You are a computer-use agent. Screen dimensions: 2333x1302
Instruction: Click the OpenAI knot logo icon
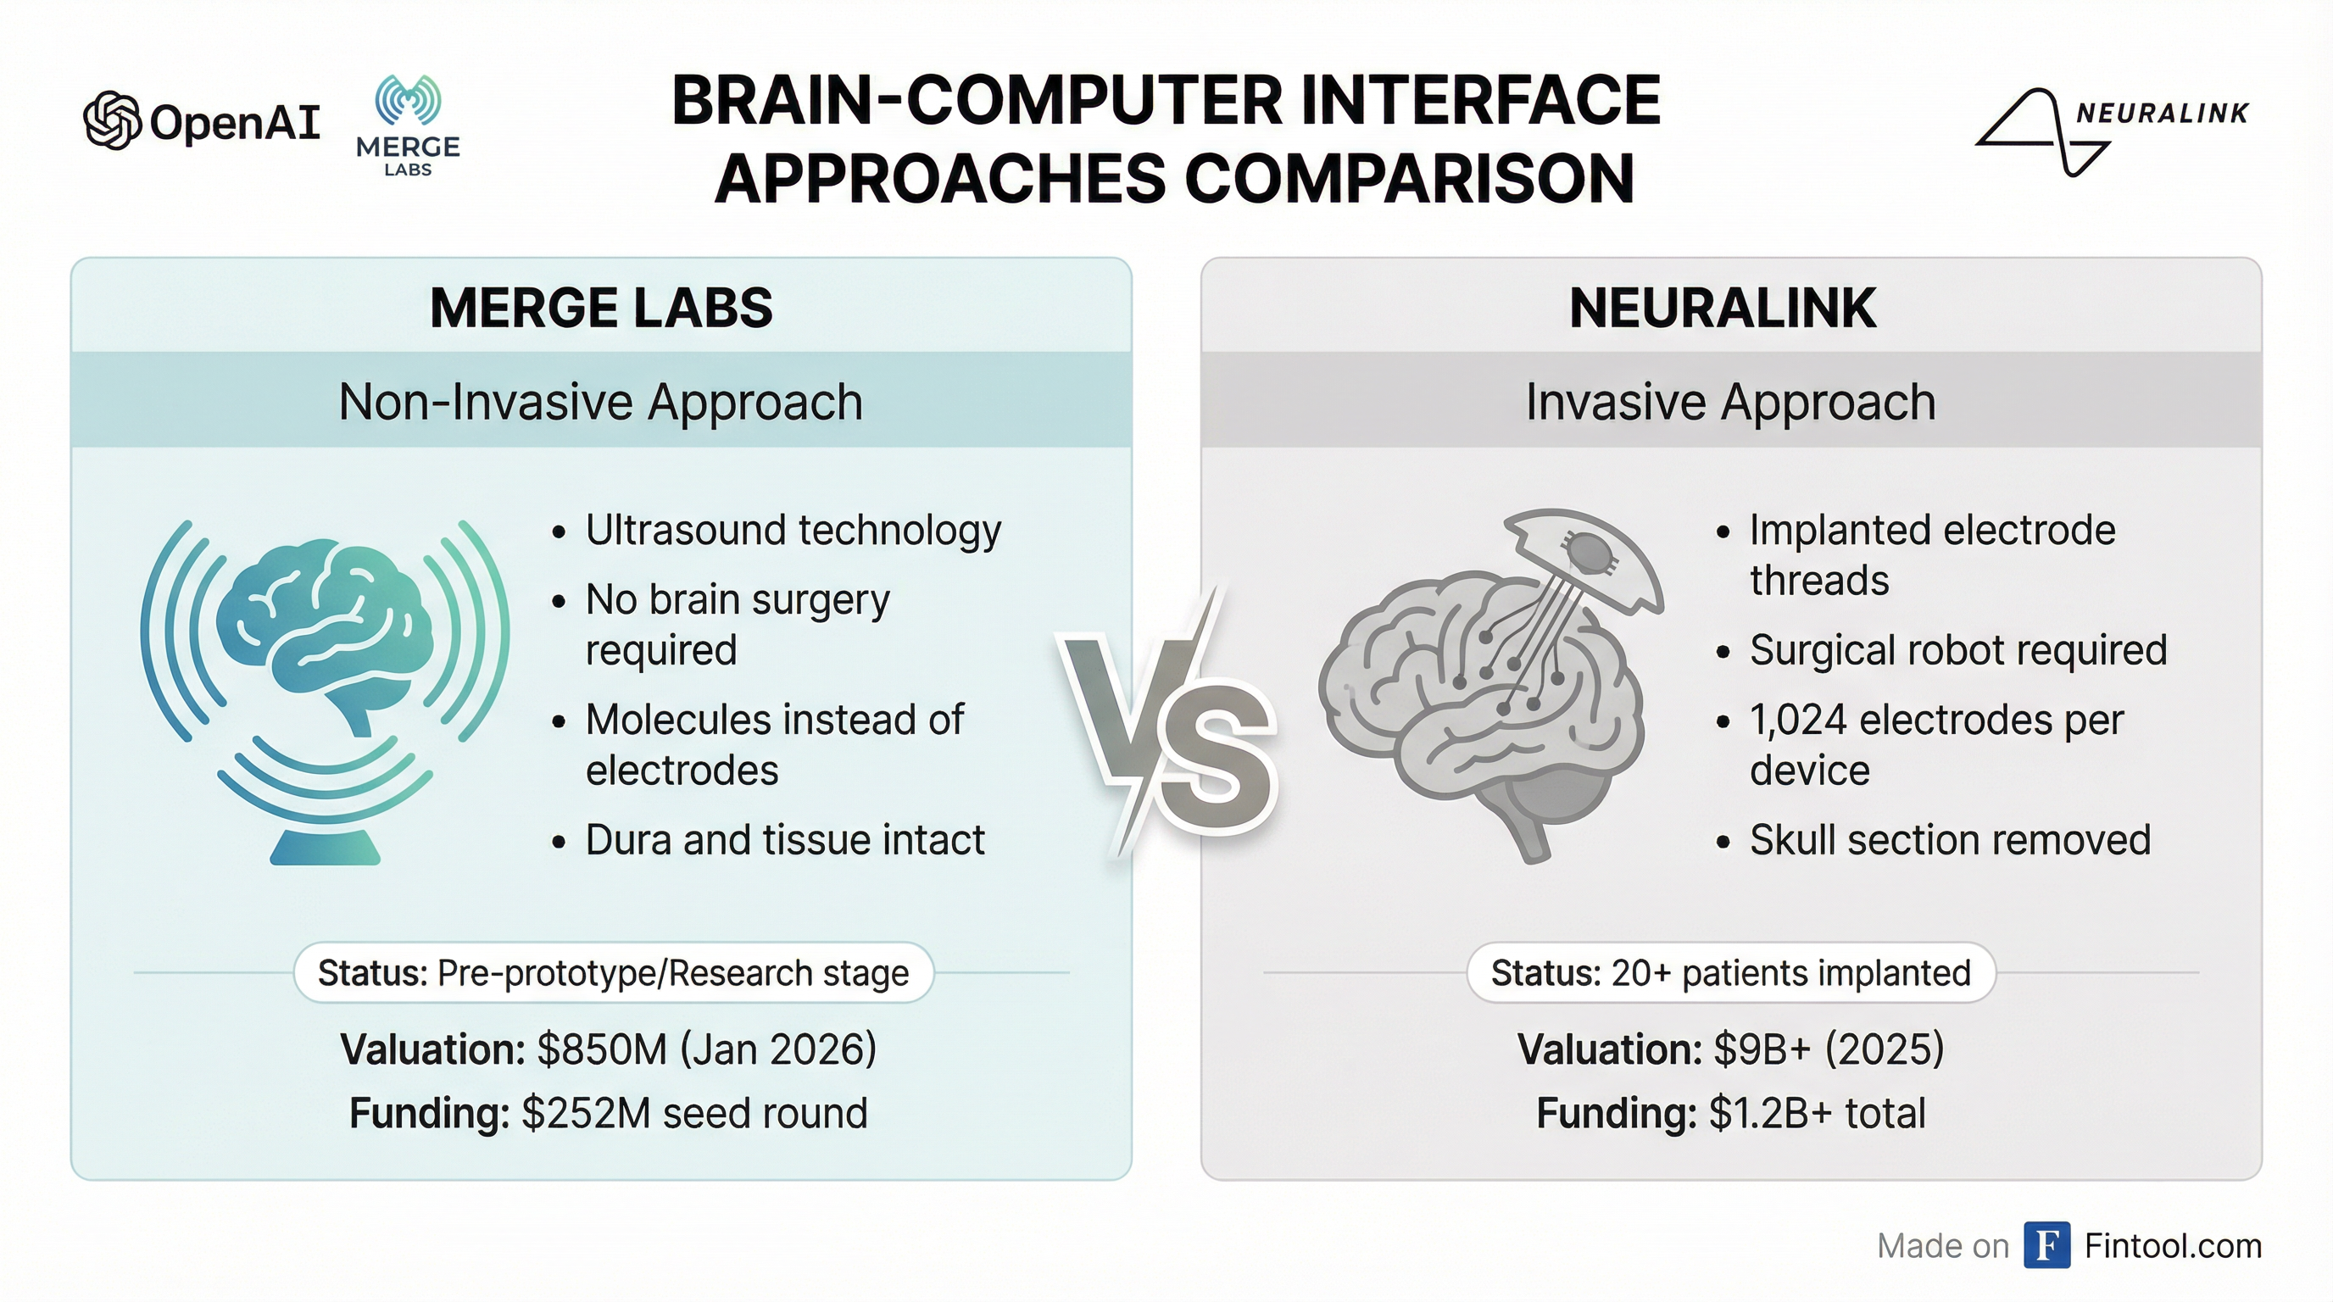[112, 120]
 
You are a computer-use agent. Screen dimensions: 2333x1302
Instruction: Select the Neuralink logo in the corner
[2111, 132]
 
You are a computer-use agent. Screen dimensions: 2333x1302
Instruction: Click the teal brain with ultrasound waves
[324, 692]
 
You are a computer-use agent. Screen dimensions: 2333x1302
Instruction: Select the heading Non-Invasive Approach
[600, 401]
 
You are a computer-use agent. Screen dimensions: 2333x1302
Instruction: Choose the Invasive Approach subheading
[1731, 401]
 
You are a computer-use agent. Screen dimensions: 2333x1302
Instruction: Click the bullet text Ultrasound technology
[793, 531]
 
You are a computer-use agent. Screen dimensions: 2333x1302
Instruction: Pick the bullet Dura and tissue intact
[785, 839]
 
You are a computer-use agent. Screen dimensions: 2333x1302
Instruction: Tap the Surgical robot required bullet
[1958, 650]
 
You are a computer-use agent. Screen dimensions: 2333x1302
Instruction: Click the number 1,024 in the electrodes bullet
[1799, 721]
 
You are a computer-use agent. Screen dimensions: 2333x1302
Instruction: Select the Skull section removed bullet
[1950, 839]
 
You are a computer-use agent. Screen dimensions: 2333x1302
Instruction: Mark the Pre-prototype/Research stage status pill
[613, 972]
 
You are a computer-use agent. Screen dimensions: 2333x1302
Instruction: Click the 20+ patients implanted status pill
[1731, 972]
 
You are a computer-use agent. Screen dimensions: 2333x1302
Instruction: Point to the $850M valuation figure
[602, 1049]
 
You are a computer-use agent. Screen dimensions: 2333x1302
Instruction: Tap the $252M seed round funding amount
[694, 1113]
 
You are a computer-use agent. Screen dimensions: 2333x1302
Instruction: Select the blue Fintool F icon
[2046, 1246]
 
